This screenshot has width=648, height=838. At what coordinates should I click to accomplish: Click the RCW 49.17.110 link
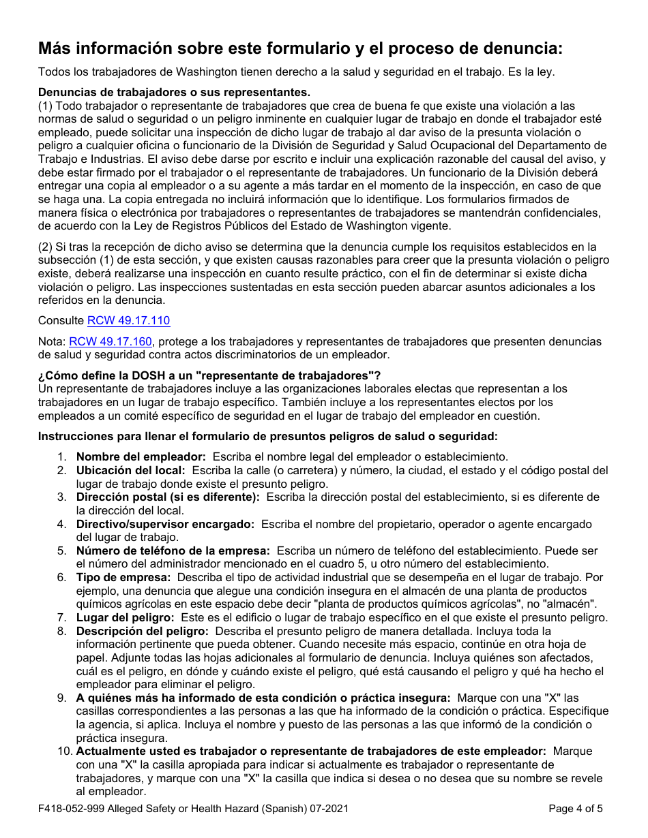(128, 321)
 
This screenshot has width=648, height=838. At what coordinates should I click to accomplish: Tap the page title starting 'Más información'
(300, 48)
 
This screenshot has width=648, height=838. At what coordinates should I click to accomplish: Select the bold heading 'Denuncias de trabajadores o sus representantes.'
(174, 93)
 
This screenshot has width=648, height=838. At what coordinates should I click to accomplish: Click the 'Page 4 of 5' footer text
(575, 809)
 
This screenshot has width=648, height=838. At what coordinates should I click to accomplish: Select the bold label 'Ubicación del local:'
(130, 471)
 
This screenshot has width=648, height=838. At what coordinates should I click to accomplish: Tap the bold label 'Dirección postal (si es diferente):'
(168, 497)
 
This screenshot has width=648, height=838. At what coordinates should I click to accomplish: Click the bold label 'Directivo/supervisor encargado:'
(165, 524)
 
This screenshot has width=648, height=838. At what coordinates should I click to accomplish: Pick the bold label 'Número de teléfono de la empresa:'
(173, 550)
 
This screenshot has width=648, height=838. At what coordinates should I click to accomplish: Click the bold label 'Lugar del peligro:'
(125, 617)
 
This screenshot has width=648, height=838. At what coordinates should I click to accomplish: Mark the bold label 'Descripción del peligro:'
(143, 631)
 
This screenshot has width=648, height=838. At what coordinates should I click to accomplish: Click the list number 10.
(63, 751)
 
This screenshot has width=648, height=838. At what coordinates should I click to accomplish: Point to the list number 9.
(61, 698)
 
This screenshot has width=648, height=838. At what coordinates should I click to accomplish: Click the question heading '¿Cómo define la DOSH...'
(209, 375)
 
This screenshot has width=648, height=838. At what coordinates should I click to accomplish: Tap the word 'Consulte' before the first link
(61, 321)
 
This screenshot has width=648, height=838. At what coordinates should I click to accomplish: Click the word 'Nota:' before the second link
(52, 342)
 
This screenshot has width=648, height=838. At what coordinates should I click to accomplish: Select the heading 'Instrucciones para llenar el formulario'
(267, 436)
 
